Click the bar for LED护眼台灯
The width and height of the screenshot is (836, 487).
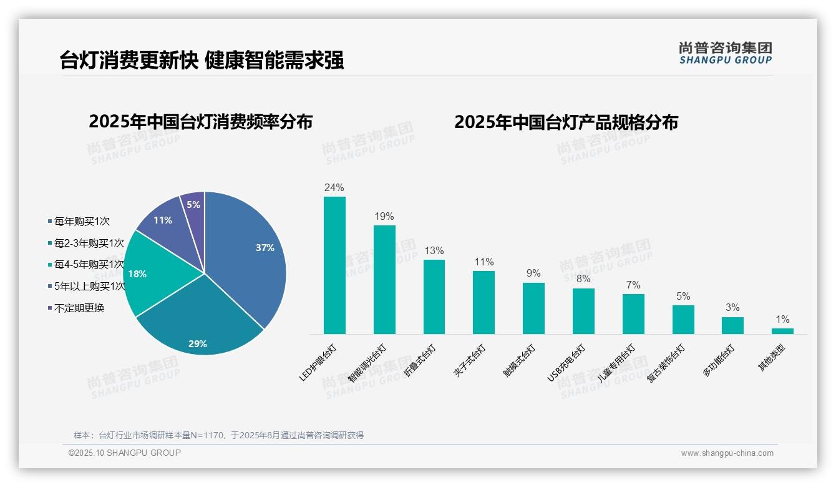(334, 265)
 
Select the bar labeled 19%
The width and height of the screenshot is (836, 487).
(384, 280)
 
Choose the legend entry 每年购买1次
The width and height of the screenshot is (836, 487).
(82, 221)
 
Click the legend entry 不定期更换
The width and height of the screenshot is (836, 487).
(79, 308)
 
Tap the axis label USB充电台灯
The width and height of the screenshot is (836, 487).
(566, 362)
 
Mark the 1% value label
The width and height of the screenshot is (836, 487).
(782, 320)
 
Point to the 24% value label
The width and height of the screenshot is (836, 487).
(334, 187)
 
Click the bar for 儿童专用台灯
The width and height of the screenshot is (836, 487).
(633, 314)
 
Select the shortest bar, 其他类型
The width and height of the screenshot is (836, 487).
(782, 331)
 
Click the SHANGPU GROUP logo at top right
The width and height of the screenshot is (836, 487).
(726, 52)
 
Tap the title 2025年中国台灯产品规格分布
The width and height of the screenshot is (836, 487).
(566, 122)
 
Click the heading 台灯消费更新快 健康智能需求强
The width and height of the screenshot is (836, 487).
(202, 60)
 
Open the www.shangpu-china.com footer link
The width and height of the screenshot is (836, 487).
(727, 453)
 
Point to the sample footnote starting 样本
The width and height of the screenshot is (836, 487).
(218, 435)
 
